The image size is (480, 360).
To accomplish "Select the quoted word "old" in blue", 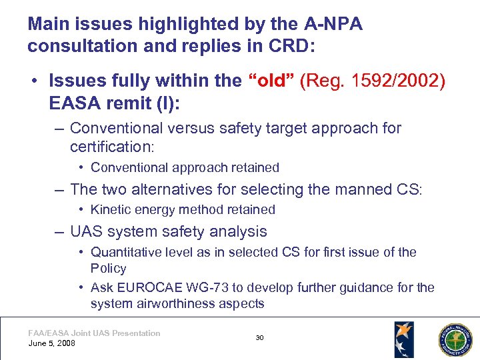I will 271,81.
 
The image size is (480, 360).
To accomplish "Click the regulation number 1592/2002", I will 393,81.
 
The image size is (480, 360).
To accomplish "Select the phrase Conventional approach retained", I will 185,167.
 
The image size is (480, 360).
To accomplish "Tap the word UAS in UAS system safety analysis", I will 85,232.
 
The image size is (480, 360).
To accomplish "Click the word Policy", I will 108,268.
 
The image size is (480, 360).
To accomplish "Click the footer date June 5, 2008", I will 52,343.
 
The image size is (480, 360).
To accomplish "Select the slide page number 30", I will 259,338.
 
